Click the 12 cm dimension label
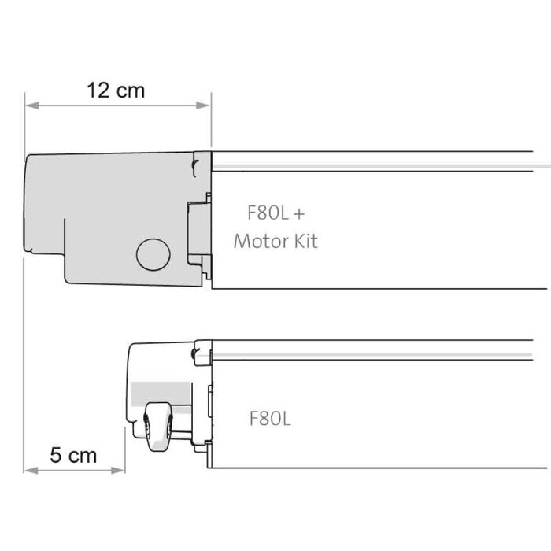[x=116, y=90]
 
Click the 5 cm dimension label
[x=73, y=455]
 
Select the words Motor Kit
[x=275, y=241]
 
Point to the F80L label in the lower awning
[x=270, y=419]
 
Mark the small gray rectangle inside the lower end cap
[x=161, y=391]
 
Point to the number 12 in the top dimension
[x=99, y=90]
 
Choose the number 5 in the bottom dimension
[x=55, y=455]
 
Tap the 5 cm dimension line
[x=75, y=471]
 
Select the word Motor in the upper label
[x=260, y=241]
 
